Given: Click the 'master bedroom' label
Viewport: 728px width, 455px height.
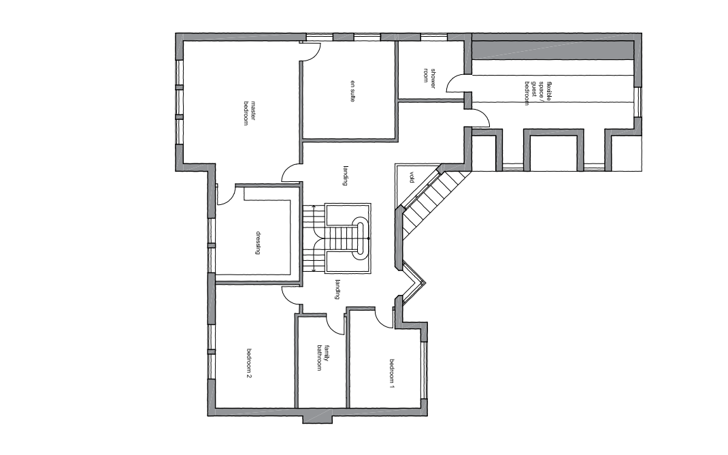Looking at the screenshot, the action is pos(249,113).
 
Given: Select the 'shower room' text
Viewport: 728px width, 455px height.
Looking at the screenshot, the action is pos(429,76).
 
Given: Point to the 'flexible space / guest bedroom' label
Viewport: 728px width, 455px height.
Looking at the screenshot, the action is pos(537,93).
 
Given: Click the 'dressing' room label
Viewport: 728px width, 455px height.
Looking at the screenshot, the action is pos(258,242).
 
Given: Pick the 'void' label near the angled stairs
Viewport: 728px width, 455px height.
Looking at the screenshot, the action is pos(412,178).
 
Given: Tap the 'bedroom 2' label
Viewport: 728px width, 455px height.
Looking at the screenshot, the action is pos(249,364).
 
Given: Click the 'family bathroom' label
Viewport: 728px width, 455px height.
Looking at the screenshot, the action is pos(322,358).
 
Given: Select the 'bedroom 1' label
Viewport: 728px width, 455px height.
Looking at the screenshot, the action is pos(392,374).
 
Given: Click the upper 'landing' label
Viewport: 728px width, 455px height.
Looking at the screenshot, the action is pos(346,176).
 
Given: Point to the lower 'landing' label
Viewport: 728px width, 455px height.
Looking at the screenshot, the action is pos(337,289).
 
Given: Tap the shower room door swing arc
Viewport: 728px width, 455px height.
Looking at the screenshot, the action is pos(456,84).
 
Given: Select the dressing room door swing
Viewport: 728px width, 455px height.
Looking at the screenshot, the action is pos(227,195).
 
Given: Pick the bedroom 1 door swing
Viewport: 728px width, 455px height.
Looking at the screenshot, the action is pos(384,318).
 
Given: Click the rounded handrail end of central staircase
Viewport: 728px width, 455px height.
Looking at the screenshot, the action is pos(361,238).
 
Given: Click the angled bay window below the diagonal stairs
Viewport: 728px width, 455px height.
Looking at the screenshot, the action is pos(414,283).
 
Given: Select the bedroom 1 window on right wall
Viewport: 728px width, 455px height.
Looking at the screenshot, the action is pos(423,370).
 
